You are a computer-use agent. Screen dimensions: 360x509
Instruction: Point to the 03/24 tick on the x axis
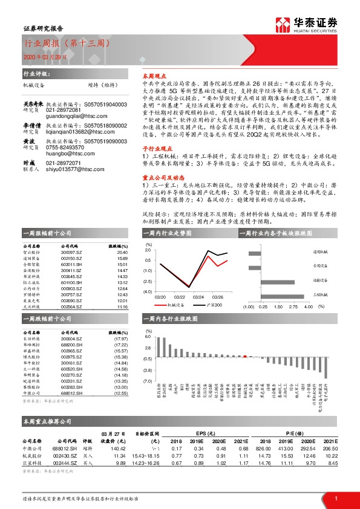tap(198, 297)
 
